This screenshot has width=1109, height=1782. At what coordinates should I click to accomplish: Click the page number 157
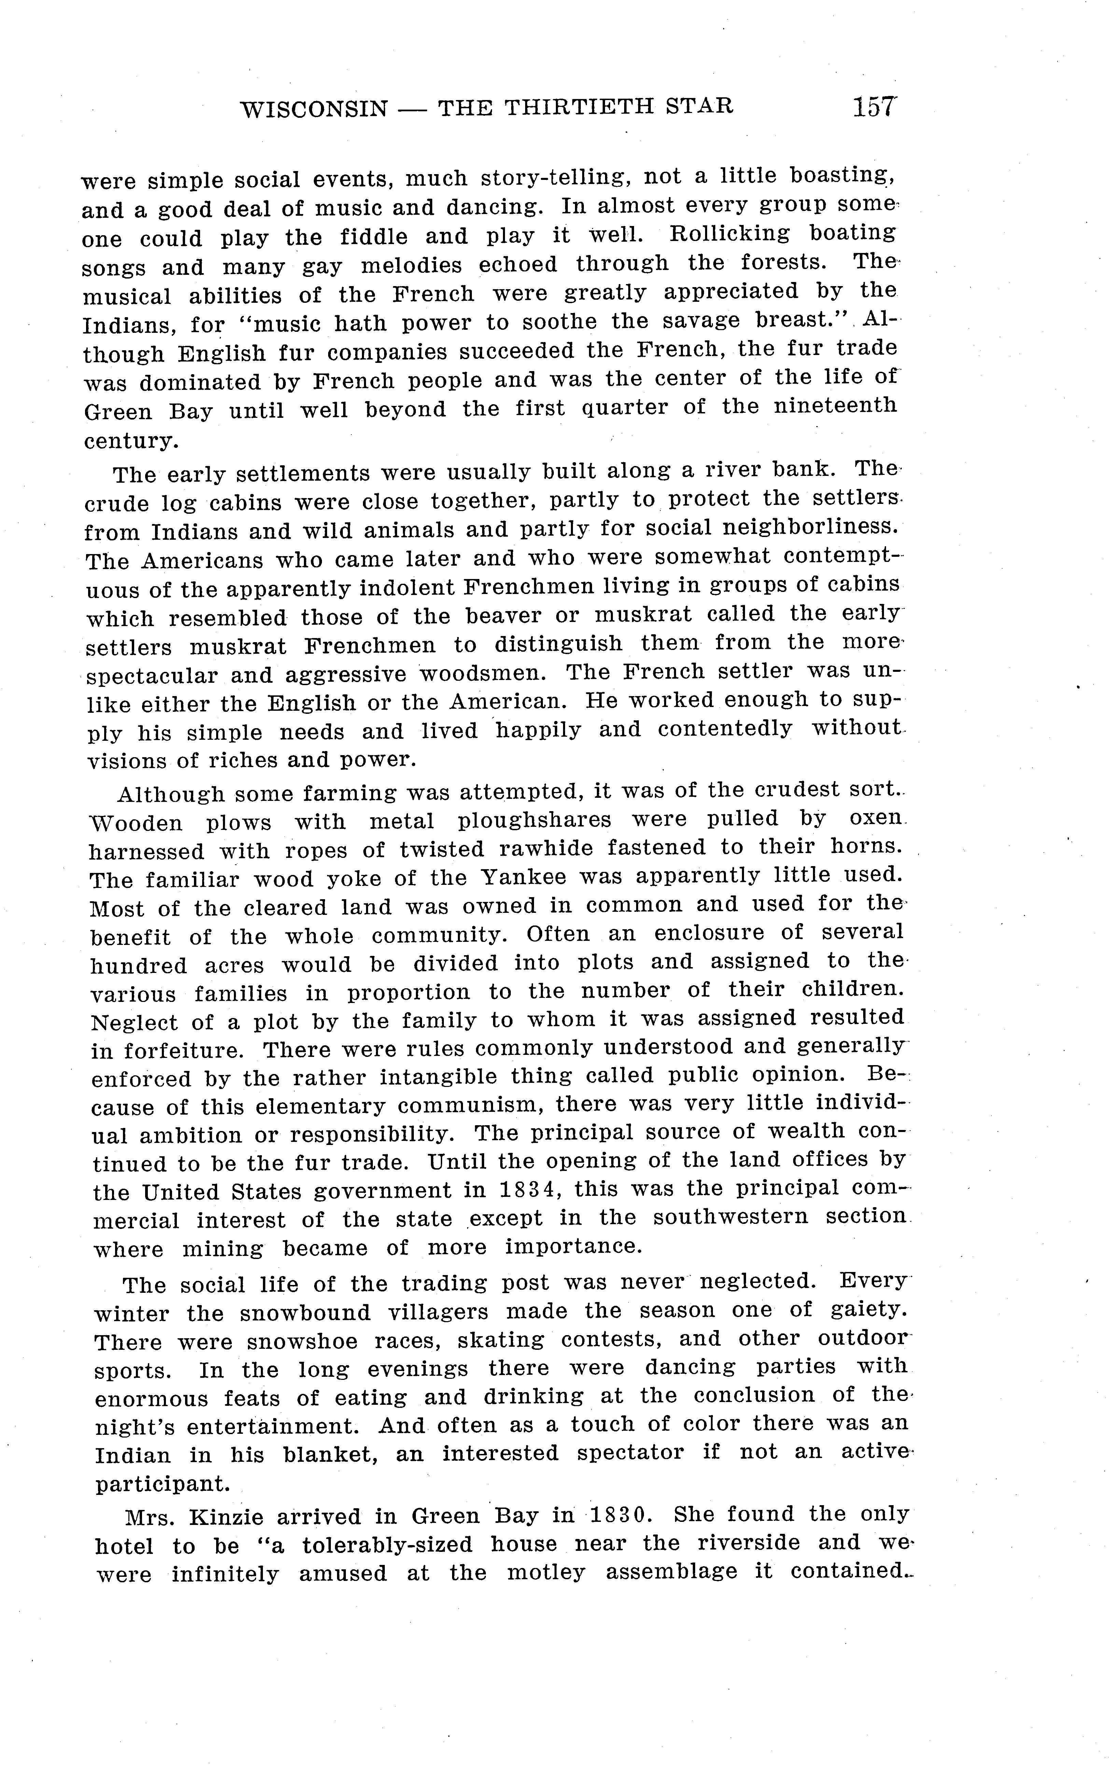point(874,107)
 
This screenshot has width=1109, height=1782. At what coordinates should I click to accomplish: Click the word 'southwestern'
point(731,1217)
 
